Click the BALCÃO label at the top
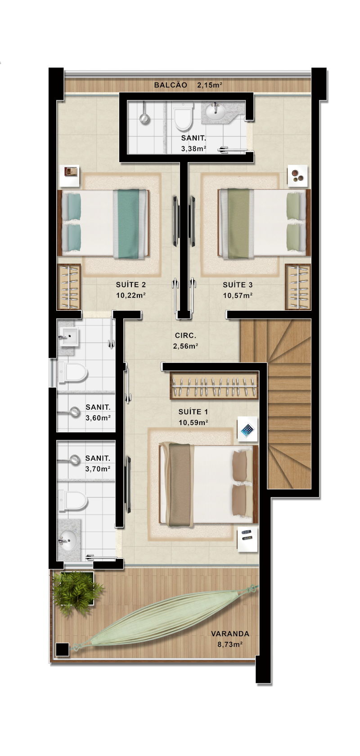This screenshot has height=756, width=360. [x=171, y=85]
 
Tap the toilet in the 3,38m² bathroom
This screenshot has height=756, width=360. [x=183, y=117]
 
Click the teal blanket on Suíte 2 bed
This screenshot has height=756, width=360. [x=129, y=224]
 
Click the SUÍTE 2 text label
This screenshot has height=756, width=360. [x=131, y=285]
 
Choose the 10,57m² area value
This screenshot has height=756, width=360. [x=238, y=296]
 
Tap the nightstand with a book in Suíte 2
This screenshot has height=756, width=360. [x=69, y=176]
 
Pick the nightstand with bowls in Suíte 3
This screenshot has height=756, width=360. [x=297, y=176]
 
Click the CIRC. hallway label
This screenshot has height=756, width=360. [x=185, y=335]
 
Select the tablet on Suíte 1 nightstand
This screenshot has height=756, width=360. [x=247, y=430]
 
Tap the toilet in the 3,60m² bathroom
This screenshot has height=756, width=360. [x=73, y=373]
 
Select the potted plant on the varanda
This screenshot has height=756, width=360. [x=77, y=590]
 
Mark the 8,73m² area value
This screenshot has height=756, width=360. [x=230, y=644]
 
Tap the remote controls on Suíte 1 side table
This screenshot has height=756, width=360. [x=247, y=534]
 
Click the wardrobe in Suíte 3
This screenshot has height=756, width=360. [x=297, y=287]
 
